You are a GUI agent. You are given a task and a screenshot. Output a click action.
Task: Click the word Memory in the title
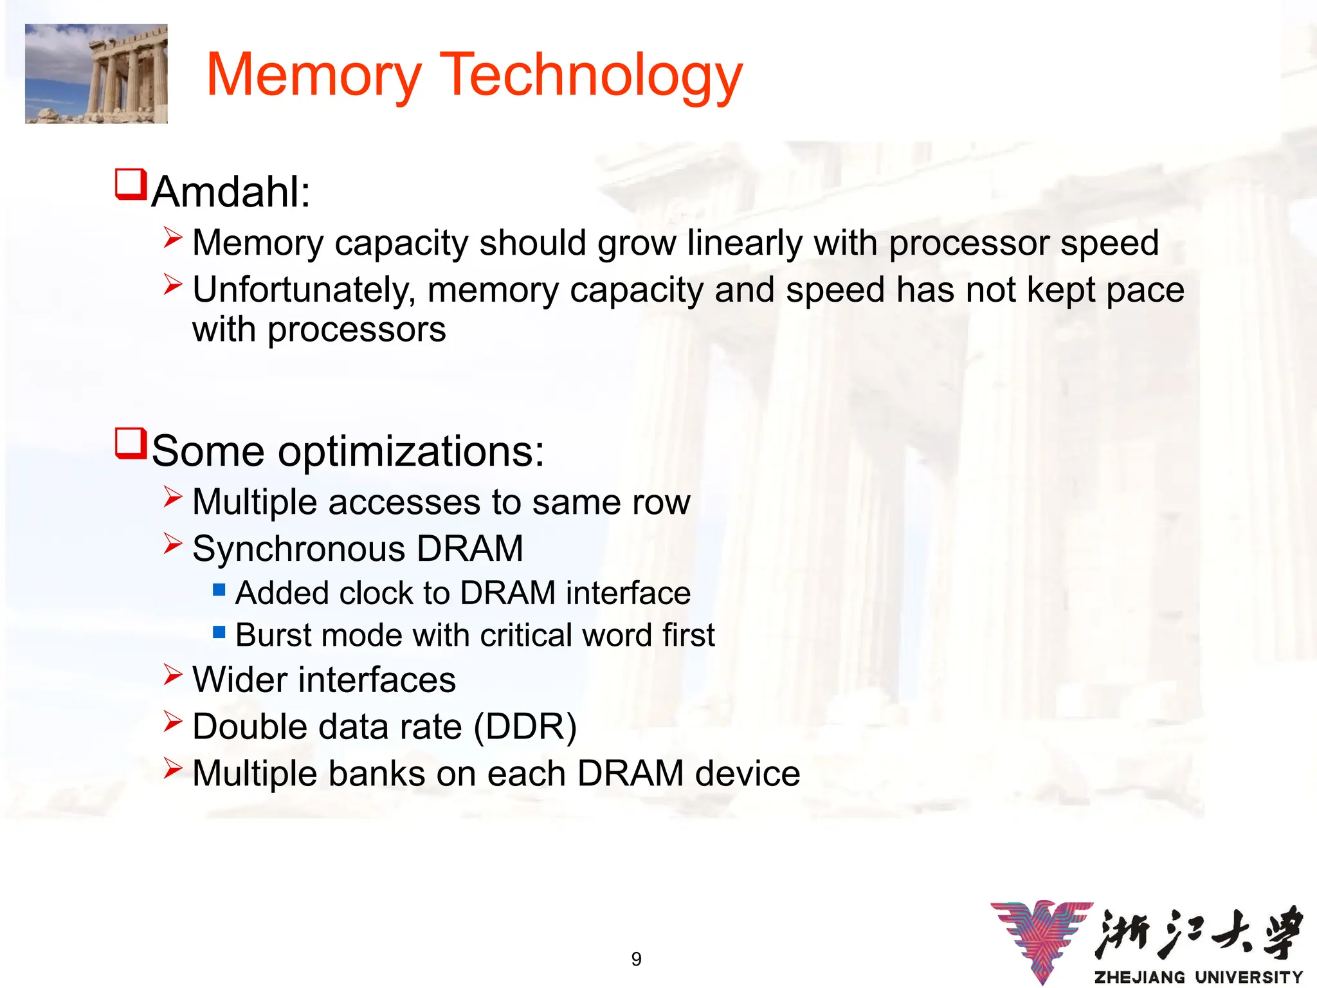click(314, 76)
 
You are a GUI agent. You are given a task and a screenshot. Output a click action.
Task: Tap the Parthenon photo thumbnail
click(96, 73)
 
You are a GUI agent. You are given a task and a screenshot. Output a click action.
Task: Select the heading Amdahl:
click(231, 192)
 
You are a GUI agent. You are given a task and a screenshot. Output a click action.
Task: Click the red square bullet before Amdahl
click(131, 185)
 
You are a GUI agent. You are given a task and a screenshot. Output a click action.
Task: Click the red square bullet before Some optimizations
click(131, 444)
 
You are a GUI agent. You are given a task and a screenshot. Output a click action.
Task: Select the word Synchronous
click(298, 549)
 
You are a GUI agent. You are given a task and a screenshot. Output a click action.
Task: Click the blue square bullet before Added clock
click(219, 589)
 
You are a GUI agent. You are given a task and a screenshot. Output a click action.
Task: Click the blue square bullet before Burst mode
click(219, 632)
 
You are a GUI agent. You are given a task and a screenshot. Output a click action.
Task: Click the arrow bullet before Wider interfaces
click(172, 675)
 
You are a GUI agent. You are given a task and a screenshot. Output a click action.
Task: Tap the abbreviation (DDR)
click(525, 727)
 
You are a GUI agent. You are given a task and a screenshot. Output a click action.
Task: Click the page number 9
click(636, 959)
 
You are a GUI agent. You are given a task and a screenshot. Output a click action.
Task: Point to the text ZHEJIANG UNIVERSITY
click(1198, 977)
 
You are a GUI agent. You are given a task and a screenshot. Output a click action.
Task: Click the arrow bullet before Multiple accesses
click(172, 497)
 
